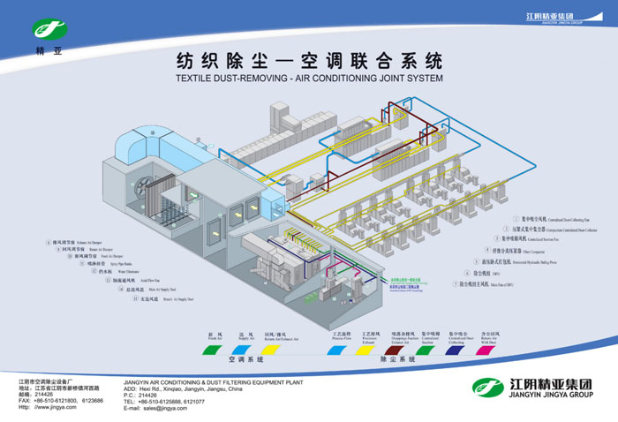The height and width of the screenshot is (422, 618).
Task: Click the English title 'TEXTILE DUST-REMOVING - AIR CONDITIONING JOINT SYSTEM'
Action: (308, 79)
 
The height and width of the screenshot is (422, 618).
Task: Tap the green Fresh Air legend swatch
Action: (211, 350)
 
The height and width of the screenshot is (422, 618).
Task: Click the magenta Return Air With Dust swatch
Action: (484, 350)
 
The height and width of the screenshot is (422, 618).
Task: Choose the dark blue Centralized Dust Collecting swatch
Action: (456, 350)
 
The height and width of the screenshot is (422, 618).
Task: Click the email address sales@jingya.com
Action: (169, 408)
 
